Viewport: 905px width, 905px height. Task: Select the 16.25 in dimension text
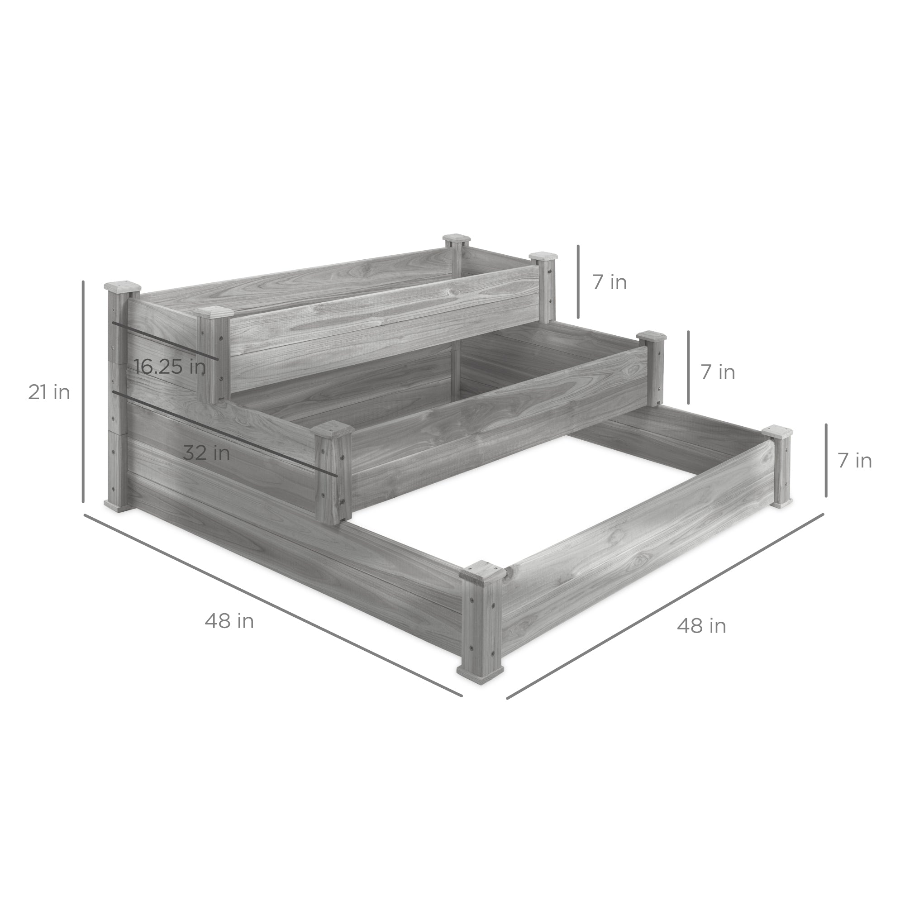click(170, 367)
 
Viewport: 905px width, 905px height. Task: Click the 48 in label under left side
click(229, 622)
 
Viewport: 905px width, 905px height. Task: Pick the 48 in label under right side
click(701, 626)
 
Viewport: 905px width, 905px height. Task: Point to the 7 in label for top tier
click(610, 282)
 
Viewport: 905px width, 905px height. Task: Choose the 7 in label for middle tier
click(718, 372)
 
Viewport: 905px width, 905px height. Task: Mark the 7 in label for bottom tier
click(854, 461)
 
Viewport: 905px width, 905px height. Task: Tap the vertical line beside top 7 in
click(578, 281)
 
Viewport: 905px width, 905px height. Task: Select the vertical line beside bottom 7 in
click(826, 461)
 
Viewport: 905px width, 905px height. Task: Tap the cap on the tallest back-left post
click(122, 286)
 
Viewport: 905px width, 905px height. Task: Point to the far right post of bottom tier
click(779, 468)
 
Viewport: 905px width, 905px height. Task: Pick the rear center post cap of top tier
click(457, 240)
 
